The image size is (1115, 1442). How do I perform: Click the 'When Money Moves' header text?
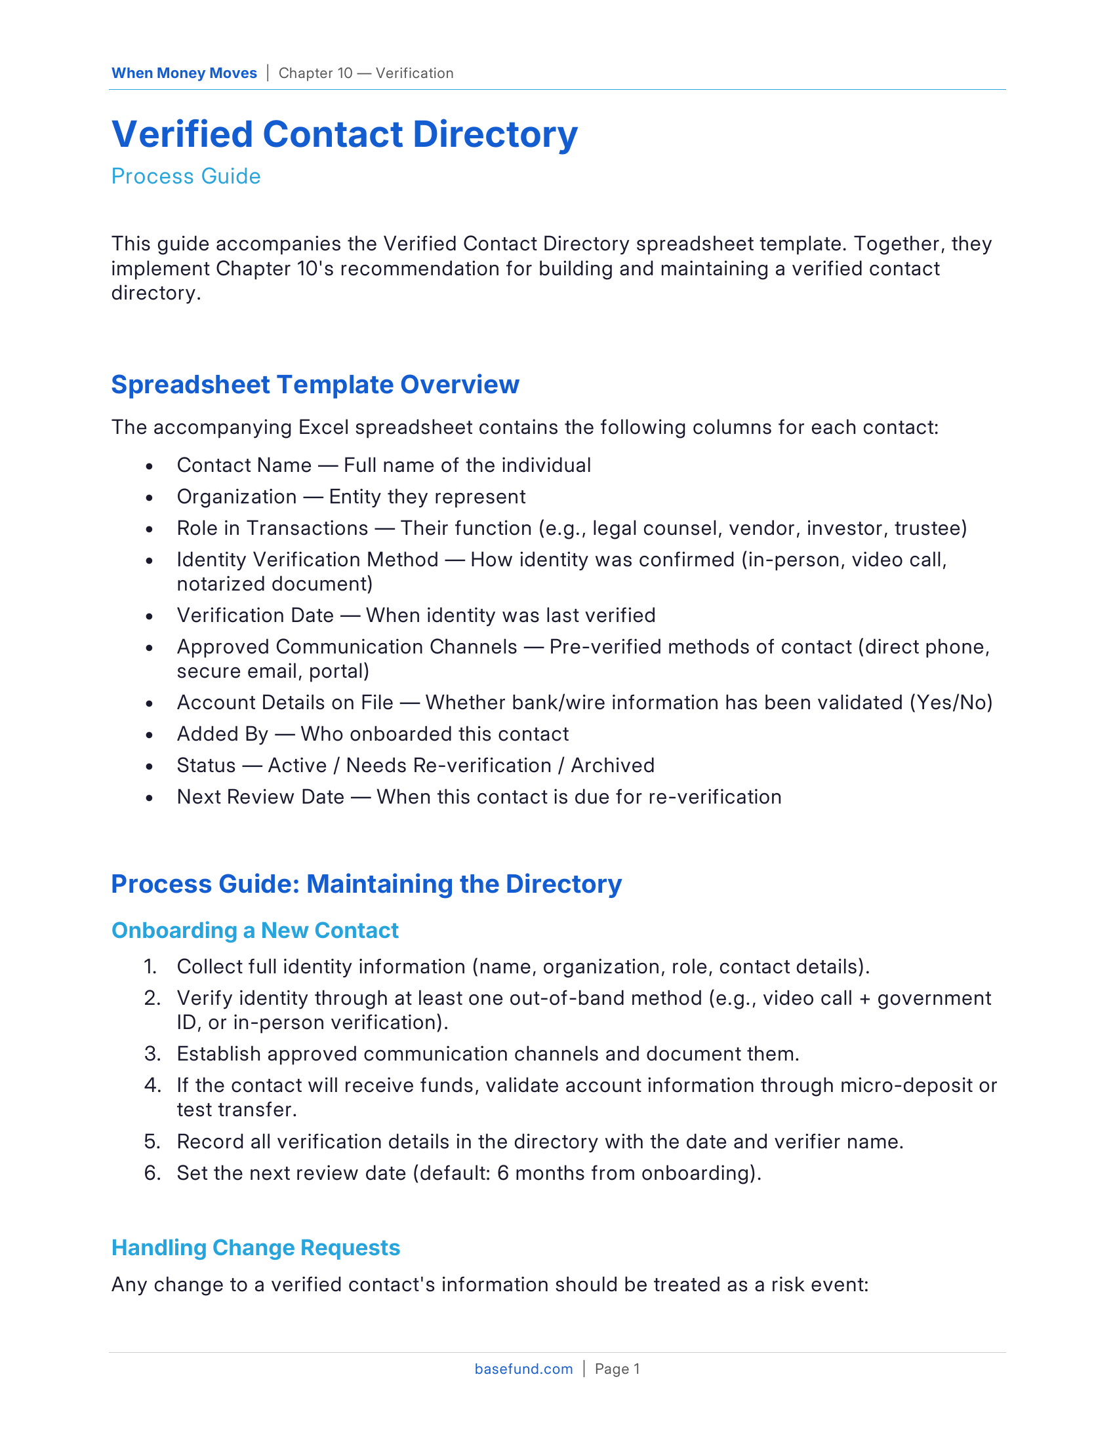184,73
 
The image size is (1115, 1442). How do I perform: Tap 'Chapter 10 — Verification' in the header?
366,73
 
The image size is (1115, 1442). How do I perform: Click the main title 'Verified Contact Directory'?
344,134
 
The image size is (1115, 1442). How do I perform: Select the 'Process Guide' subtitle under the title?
186,176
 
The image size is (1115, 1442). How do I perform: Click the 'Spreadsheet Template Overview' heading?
315,384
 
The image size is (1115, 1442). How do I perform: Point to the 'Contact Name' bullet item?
244,465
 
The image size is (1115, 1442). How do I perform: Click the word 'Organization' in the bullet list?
237,497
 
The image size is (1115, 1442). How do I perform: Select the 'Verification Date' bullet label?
255,615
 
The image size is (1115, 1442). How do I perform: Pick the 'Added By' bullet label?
222,734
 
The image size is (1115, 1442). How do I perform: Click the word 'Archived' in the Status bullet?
613,766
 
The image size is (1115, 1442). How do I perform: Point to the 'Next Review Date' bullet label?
260,797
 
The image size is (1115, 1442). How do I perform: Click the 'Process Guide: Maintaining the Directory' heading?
366,884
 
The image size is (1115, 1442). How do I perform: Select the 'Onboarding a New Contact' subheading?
255,930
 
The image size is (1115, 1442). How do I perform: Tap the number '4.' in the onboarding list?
153,1085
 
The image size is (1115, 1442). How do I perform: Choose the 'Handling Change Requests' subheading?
256,1248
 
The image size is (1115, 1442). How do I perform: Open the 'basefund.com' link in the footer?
523,1369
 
